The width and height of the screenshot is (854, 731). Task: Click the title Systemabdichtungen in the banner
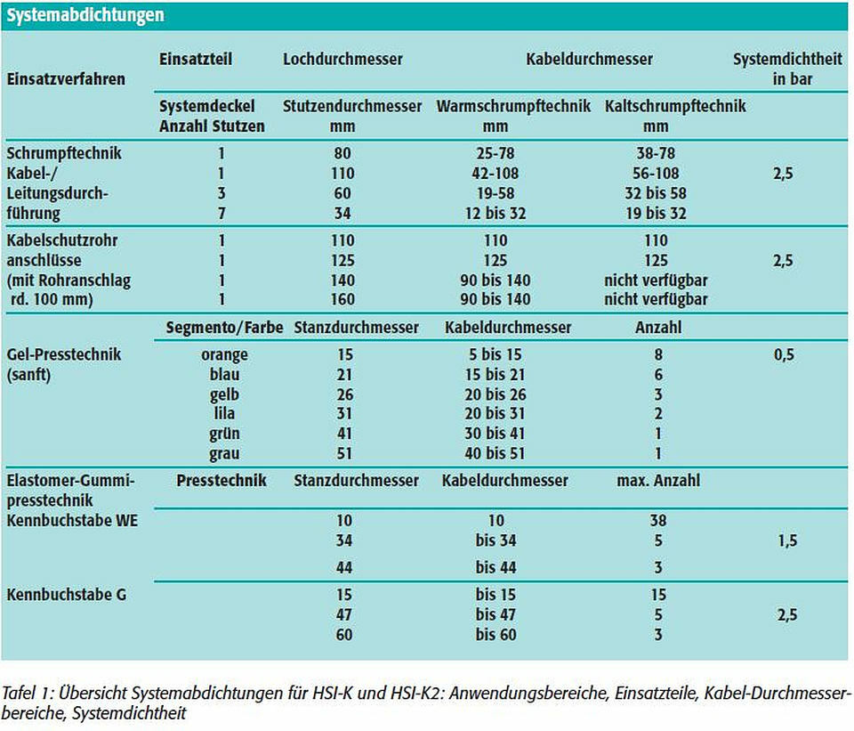point(85,15)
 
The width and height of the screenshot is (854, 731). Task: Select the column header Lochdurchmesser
point(342,59)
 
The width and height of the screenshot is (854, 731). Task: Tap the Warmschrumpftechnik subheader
point(513,106)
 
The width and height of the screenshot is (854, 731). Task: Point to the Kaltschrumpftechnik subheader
point(675,106)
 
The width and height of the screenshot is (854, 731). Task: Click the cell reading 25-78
point(495,153)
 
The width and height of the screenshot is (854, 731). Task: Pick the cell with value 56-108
point(656,174)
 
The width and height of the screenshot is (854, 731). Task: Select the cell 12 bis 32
point(495,213)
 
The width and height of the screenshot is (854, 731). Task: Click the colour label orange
point(224,355)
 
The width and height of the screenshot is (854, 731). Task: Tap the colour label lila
point(224,413)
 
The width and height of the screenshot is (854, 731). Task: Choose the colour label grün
point(224,434)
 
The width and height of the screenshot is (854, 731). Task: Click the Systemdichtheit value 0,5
point(784,355)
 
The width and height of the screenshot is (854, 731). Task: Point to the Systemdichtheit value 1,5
point(787,540)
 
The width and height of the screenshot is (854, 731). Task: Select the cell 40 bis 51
point(495,453)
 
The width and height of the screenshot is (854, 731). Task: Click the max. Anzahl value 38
point(658,521)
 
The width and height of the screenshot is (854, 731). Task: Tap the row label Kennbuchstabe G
point(67,595)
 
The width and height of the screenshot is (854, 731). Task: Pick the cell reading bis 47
point(495,615)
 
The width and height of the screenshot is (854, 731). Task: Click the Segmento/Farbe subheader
point(224,328)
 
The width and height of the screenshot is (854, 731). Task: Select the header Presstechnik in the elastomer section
point(222,481)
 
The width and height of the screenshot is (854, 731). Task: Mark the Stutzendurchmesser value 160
point(342,299)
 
